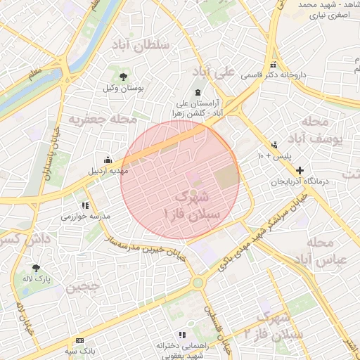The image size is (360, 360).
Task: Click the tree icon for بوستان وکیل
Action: point(124,77)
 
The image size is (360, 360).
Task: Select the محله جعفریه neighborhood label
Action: point(103,120)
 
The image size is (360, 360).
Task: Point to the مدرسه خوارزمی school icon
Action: point(85,205)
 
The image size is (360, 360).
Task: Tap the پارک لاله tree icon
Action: point(36,267)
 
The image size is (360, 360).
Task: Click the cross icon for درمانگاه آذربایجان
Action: point(300,170)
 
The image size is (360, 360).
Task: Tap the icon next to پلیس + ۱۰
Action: point(274,146)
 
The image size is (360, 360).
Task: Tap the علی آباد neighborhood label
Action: point(214,72)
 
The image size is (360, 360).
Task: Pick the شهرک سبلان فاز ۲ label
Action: point(279,326)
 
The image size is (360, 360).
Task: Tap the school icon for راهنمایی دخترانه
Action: point(181,335)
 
